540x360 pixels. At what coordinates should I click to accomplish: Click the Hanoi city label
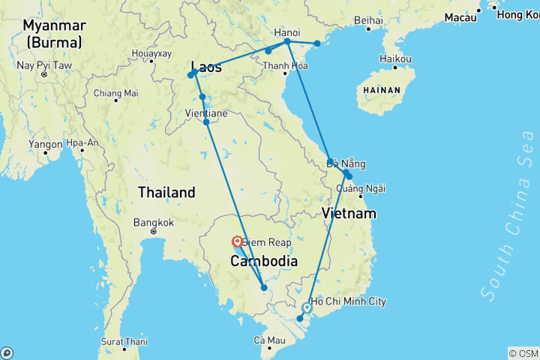coord(287,32)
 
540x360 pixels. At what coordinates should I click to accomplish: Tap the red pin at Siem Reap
coord(237,241)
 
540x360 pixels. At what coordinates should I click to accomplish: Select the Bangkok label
coord(153,222)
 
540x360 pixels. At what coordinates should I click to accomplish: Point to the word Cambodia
coord(265,261)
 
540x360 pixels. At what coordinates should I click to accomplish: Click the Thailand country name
coord(166,192)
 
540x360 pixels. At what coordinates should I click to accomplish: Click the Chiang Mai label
coord(115,93)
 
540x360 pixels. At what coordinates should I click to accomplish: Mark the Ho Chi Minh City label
coord(348,301)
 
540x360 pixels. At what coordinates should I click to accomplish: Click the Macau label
coord(460,16)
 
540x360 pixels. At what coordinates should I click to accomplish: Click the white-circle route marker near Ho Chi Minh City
coord(307,307)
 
